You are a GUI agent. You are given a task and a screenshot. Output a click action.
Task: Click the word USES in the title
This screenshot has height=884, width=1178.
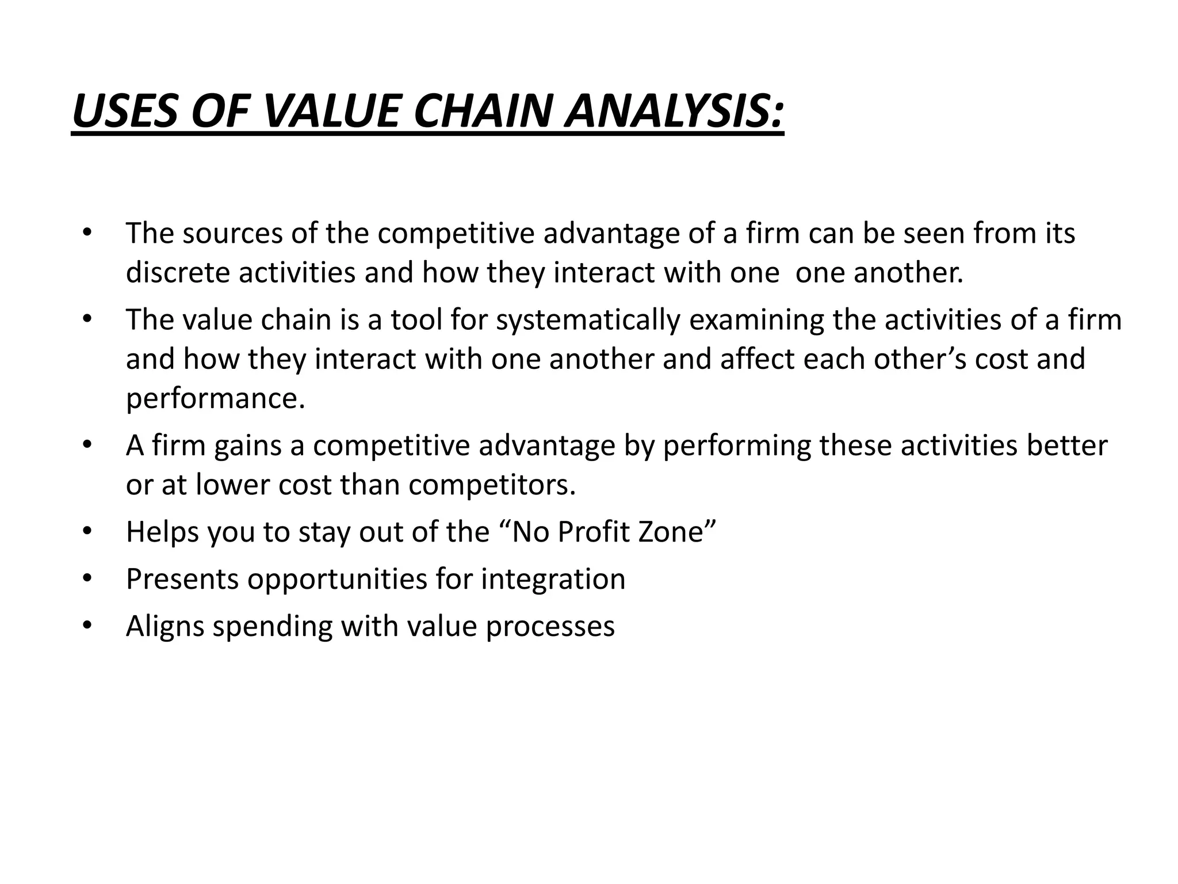126,111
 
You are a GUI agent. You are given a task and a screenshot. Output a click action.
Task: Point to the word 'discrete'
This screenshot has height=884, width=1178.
178,272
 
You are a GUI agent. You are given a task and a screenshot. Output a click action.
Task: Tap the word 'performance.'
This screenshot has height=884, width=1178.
216,398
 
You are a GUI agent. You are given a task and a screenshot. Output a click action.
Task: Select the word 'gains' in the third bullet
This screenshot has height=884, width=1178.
248,445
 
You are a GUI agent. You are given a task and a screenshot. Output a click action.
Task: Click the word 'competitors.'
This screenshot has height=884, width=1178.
492,485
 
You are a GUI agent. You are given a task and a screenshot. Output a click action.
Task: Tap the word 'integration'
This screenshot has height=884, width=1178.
553,578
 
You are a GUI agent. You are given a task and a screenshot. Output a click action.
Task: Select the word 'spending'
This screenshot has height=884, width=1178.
272,626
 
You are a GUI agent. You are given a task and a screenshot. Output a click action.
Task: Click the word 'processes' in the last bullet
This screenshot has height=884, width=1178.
550,626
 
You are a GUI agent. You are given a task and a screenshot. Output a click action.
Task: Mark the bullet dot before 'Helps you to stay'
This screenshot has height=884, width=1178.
86,531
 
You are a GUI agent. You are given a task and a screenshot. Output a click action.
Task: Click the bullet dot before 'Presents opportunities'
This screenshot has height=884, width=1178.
86,578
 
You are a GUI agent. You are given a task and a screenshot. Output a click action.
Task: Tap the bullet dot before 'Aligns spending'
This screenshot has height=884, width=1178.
86,626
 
